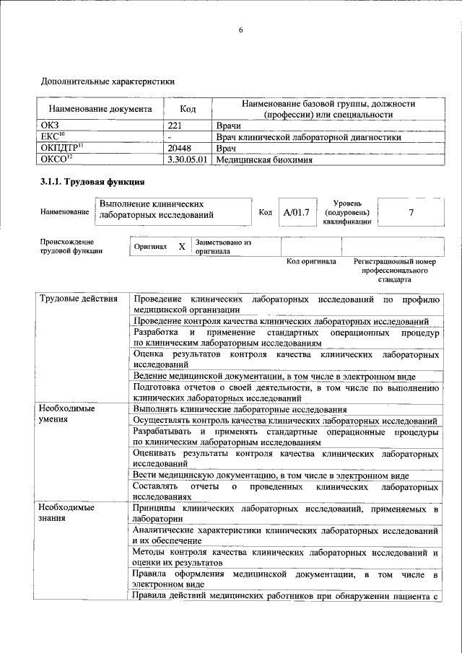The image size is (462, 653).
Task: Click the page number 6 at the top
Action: point(240,30)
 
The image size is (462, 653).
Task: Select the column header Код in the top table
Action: point(188,110)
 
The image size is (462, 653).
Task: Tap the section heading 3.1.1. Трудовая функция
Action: point(93,181)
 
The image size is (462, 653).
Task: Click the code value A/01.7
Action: point(296,212)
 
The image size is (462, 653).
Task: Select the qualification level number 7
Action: point(411,212)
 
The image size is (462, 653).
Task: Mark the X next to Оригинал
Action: point(182,247)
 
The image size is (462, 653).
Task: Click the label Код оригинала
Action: point(310,261)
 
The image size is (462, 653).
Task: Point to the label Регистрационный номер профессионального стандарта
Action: point(395,269)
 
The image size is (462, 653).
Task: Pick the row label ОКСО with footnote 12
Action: point(57,159)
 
